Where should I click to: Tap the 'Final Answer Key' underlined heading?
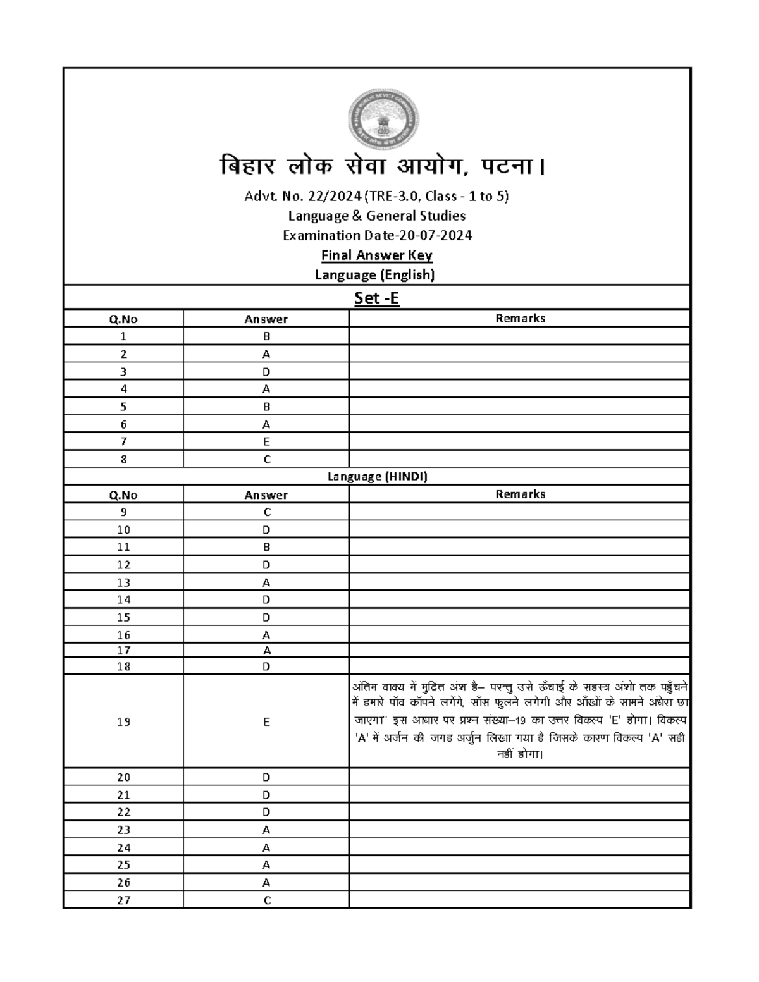[376, 255]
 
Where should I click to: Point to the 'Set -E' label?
[376, 298]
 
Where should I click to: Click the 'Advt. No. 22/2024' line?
[376, 197]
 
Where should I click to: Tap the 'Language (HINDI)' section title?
[377, 477]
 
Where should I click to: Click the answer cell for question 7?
[266, 442]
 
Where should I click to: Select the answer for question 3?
[266, 372]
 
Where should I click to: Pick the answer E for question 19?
[266, 721]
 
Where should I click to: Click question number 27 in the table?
[123, 900]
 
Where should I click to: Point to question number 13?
[123, 582]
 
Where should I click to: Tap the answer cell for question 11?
[266, 547]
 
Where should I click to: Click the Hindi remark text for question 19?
[519, 721]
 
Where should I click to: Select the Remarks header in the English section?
[520, 319]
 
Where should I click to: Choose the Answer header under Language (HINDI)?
[266, 495]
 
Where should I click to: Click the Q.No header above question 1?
[123, 319]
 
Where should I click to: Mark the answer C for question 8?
[266, 460]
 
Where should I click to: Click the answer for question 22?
[266, 812]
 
